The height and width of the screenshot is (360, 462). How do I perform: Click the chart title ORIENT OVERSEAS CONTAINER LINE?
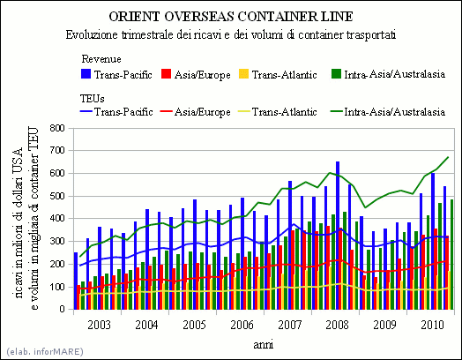[231, 17]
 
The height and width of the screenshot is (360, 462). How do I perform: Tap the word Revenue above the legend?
[101, 59]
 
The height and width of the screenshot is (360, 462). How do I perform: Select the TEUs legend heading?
[93, 99]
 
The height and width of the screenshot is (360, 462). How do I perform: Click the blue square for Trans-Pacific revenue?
[86, 74]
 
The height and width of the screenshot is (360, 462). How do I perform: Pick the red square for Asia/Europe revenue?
[166, 74]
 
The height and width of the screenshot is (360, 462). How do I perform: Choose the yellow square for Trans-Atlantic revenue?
[244, 74]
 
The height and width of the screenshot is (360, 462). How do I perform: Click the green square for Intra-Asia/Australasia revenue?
[336, 74]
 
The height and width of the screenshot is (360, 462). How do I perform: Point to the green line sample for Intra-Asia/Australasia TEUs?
[336, 111]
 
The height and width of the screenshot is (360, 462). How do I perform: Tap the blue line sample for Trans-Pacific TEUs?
[86, 111]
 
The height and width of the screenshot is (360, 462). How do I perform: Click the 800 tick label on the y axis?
[57, 128]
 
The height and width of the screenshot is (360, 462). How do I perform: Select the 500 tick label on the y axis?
[57, 196]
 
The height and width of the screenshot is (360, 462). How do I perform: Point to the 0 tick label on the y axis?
[62, 309]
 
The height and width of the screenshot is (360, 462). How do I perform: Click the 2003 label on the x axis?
[100, 325]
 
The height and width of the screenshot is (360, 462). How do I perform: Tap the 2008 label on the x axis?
[337, 325]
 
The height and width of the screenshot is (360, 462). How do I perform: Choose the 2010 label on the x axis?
[432, 325]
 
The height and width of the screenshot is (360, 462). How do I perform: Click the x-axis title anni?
[264, 344]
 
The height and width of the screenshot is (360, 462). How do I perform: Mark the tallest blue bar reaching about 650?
[338, 236]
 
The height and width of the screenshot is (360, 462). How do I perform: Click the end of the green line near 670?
[448, 157]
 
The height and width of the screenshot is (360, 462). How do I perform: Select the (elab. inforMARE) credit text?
[45, 351]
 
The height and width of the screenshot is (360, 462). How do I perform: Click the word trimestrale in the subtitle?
[147, 34]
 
